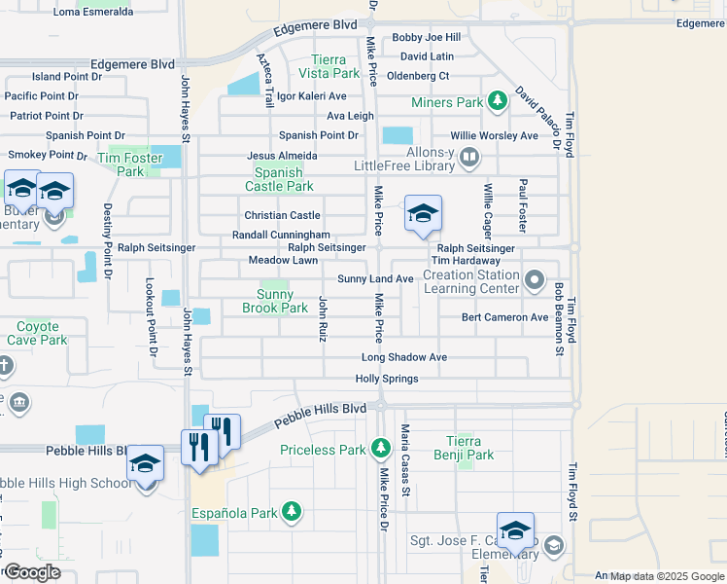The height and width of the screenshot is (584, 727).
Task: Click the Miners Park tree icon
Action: pyautogui.click(x=498, y=100)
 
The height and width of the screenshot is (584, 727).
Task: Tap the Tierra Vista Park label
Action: pyautogui.click(x=335, y=66)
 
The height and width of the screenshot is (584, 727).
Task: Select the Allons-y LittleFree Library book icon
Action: pyautogui.click(x=469, y=156)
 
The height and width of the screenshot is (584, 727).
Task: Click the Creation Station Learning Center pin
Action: pyautogui.click(x=534, y=282)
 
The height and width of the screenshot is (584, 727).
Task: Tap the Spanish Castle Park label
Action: pyautogui.click(x=279, y=179)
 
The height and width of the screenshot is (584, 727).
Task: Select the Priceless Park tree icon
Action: pyautogui.click(x=381, y=449)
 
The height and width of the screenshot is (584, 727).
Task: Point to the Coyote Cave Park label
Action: pyautogui.click(x=37, y=334)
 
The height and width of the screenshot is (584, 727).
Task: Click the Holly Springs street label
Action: pyautogui.click(x=387, y=379)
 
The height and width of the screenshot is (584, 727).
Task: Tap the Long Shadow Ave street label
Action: pyautogui.click(x=404, y=357)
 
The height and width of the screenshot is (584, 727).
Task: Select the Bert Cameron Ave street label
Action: pyautogui.click(x=504, y=317)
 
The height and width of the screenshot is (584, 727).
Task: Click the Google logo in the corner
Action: pyautogui.click(x=31, y=572)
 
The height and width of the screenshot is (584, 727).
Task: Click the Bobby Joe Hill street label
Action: pyautogui.click(x=426, y=38)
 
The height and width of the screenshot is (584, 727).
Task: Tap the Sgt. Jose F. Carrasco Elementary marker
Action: pyautogui.click(x=515, y=530)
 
